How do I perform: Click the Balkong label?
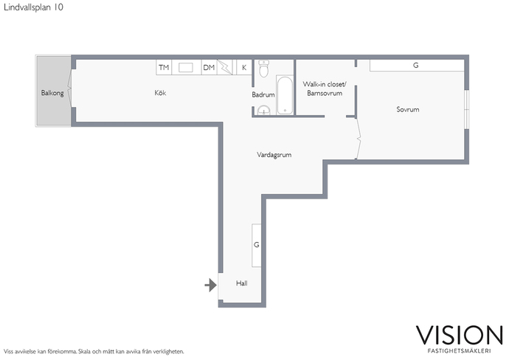pos(52,93)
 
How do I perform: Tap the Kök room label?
pos(160,93)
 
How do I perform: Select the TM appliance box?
pos(164,68)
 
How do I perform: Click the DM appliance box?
pos(209,68)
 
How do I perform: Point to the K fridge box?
pos(244,68)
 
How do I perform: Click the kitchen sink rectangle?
pos(186,68)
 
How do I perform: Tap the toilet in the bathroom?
pos(264,69)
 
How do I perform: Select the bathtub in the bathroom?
pos(285,95)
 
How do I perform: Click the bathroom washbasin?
pos(264,111)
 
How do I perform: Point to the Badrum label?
pos(263,94)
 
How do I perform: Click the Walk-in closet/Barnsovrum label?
pos(325,89)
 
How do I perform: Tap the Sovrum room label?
pos(408,109)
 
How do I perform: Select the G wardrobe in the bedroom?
pos(417,65)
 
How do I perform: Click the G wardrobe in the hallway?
pos(257,245)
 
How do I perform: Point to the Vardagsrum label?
pos(274,155)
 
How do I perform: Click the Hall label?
pos(242,283)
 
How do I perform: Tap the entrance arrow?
pos(211,285)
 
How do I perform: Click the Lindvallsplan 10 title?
pos(33,7)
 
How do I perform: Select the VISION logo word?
pos(460,336)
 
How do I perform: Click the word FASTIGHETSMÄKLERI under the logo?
pos(460,351)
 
